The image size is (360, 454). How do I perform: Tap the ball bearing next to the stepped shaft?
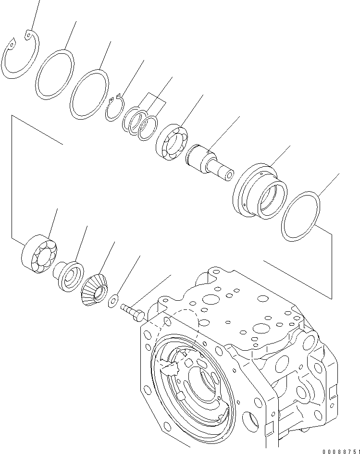(x=172, y=142)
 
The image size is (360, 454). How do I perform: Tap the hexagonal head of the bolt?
(x=138, y=316)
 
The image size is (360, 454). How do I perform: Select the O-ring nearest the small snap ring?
(x=72, y=101)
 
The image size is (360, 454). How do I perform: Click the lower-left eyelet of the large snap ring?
(x=12, y=45)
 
